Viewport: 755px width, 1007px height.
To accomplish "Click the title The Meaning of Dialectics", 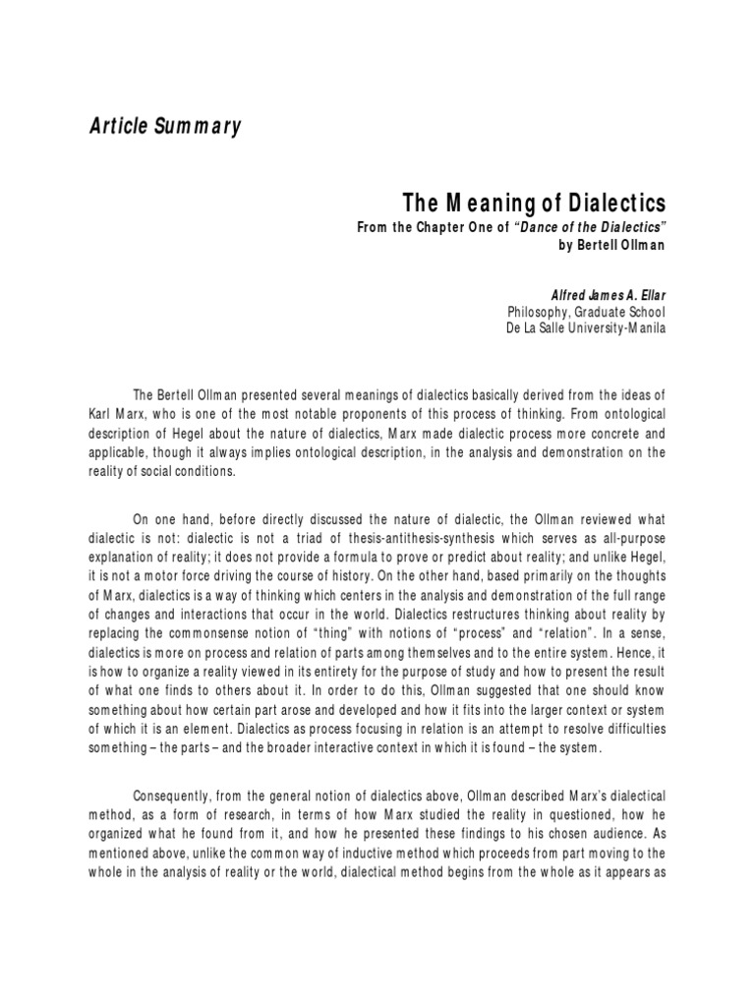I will click(534, 204).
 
